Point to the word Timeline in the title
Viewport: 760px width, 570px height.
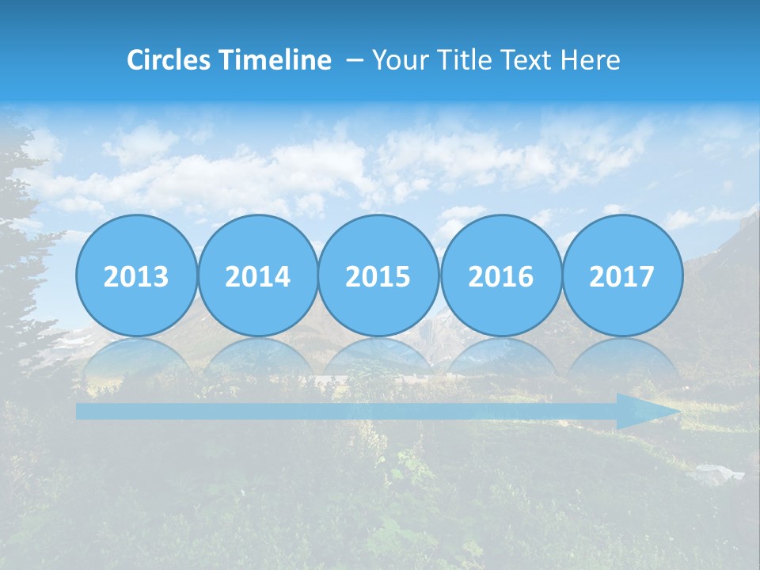[275, 60]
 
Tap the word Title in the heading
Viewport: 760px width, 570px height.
[458, 60]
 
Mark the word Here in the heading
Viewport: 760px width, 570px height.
[591, 60]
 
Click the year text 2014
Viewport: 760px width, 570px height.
[257, 277]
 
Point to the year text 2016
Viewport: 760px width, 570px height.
[500, 277]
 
